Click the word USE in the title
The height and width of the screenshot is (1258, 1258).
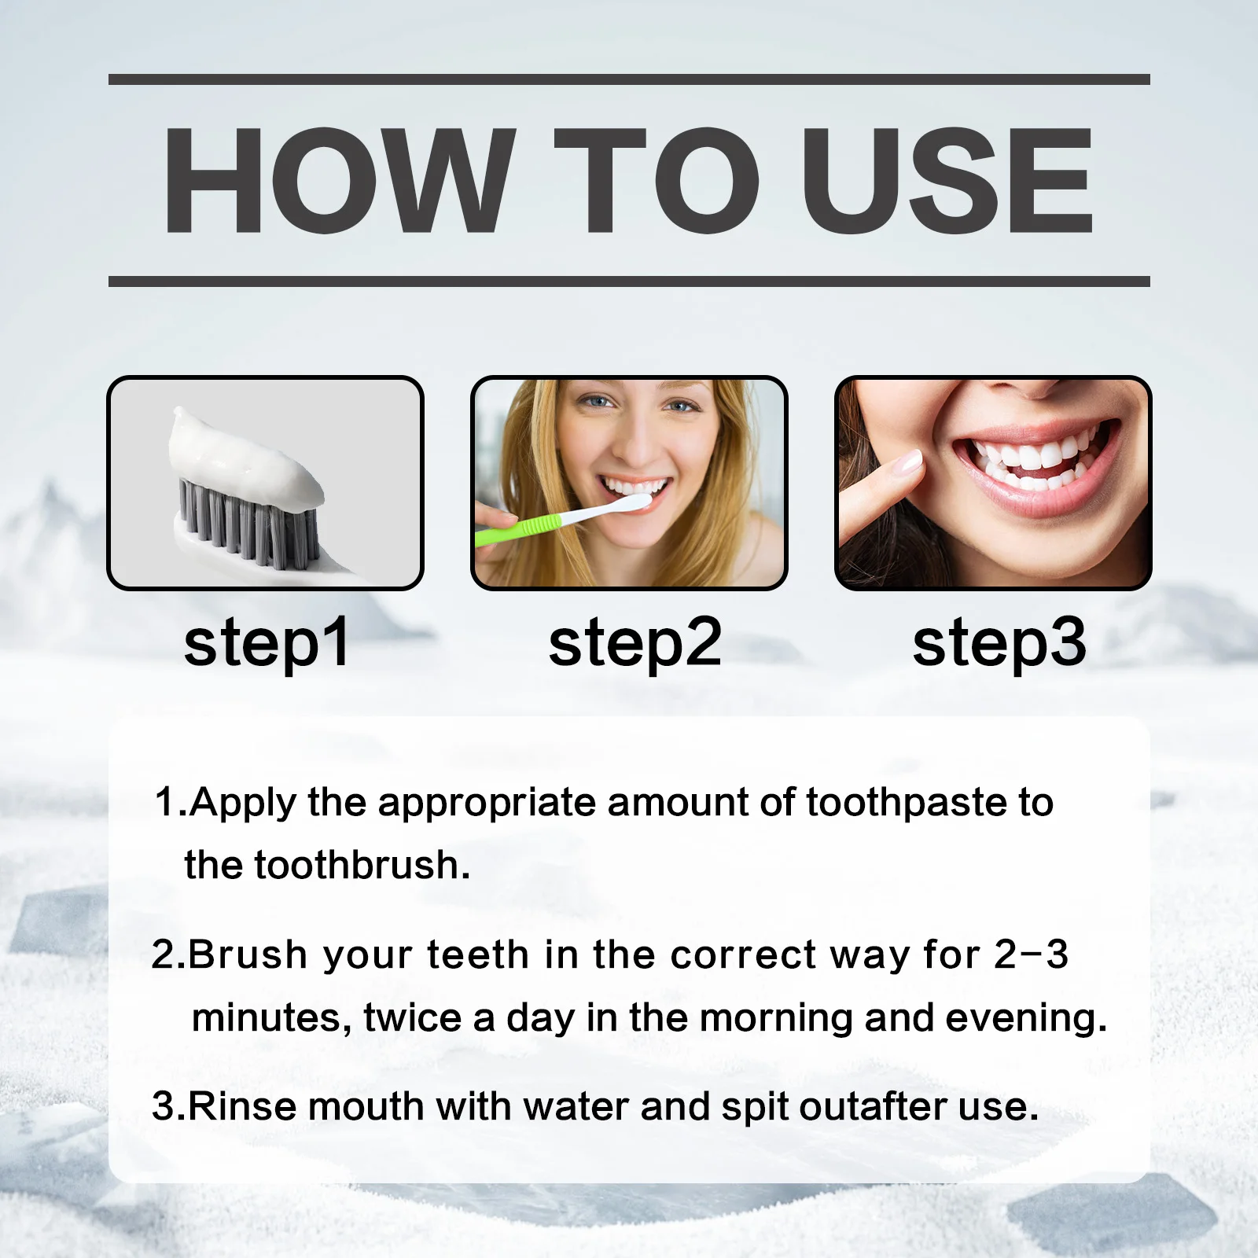tap(947, 181)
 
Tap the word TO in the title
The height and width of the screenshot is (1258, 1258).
tap(657, 181)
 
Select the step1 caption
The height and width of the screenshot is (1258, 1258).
tap(267, 643)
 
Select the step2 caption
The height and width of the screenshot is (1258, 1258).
tap(635, 643)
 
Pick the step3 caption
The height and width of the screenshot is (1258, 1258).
tap(999, 643)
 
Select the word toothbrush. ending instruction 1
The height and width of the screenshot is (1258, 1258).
tap(362, 865)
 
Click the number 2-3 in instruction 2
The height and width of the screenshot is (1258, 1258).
tap(1031, 955)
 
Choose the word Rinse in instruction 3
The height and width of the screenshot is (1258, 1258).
tap(243, 1106)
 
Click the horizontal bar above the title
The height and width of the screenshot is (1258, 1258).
tap(629, 79)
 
